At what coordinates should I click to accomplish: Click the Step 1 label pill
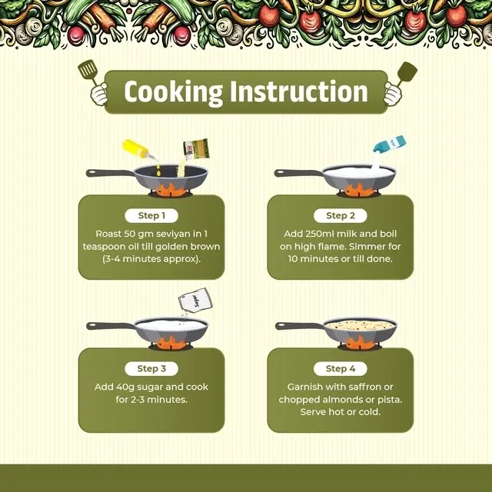click(151, 215)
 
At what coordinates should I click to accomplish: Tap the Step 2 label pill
click(340, 215)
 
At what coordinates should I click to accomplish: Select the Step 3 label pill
click(151, 368)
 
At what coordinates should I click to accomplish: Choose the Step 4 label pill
click(340, 368)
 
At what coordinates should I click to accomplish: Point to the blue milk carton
click(390, 145)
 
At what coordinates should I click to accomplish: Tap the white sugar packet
click(195, 300)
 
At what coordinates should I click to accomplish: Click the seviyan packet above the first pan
click(196, 148)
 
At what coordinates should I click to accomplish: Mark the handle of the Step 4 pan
click(299, 326)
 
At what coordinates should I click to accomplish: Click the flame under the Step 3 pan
click(171, 343)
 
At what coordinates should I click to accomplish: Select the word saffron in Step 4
click(364, 387)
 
